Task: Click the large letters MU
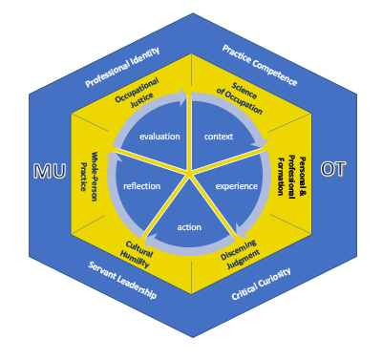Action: tap(50, 171)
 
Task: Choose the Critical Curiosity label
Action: tap(260, 284)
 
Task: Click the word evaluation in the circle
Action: tap(159, 138)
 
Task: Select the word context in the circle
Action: tap(219, 138)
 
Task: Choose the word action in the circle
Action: tap(190, 226)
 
